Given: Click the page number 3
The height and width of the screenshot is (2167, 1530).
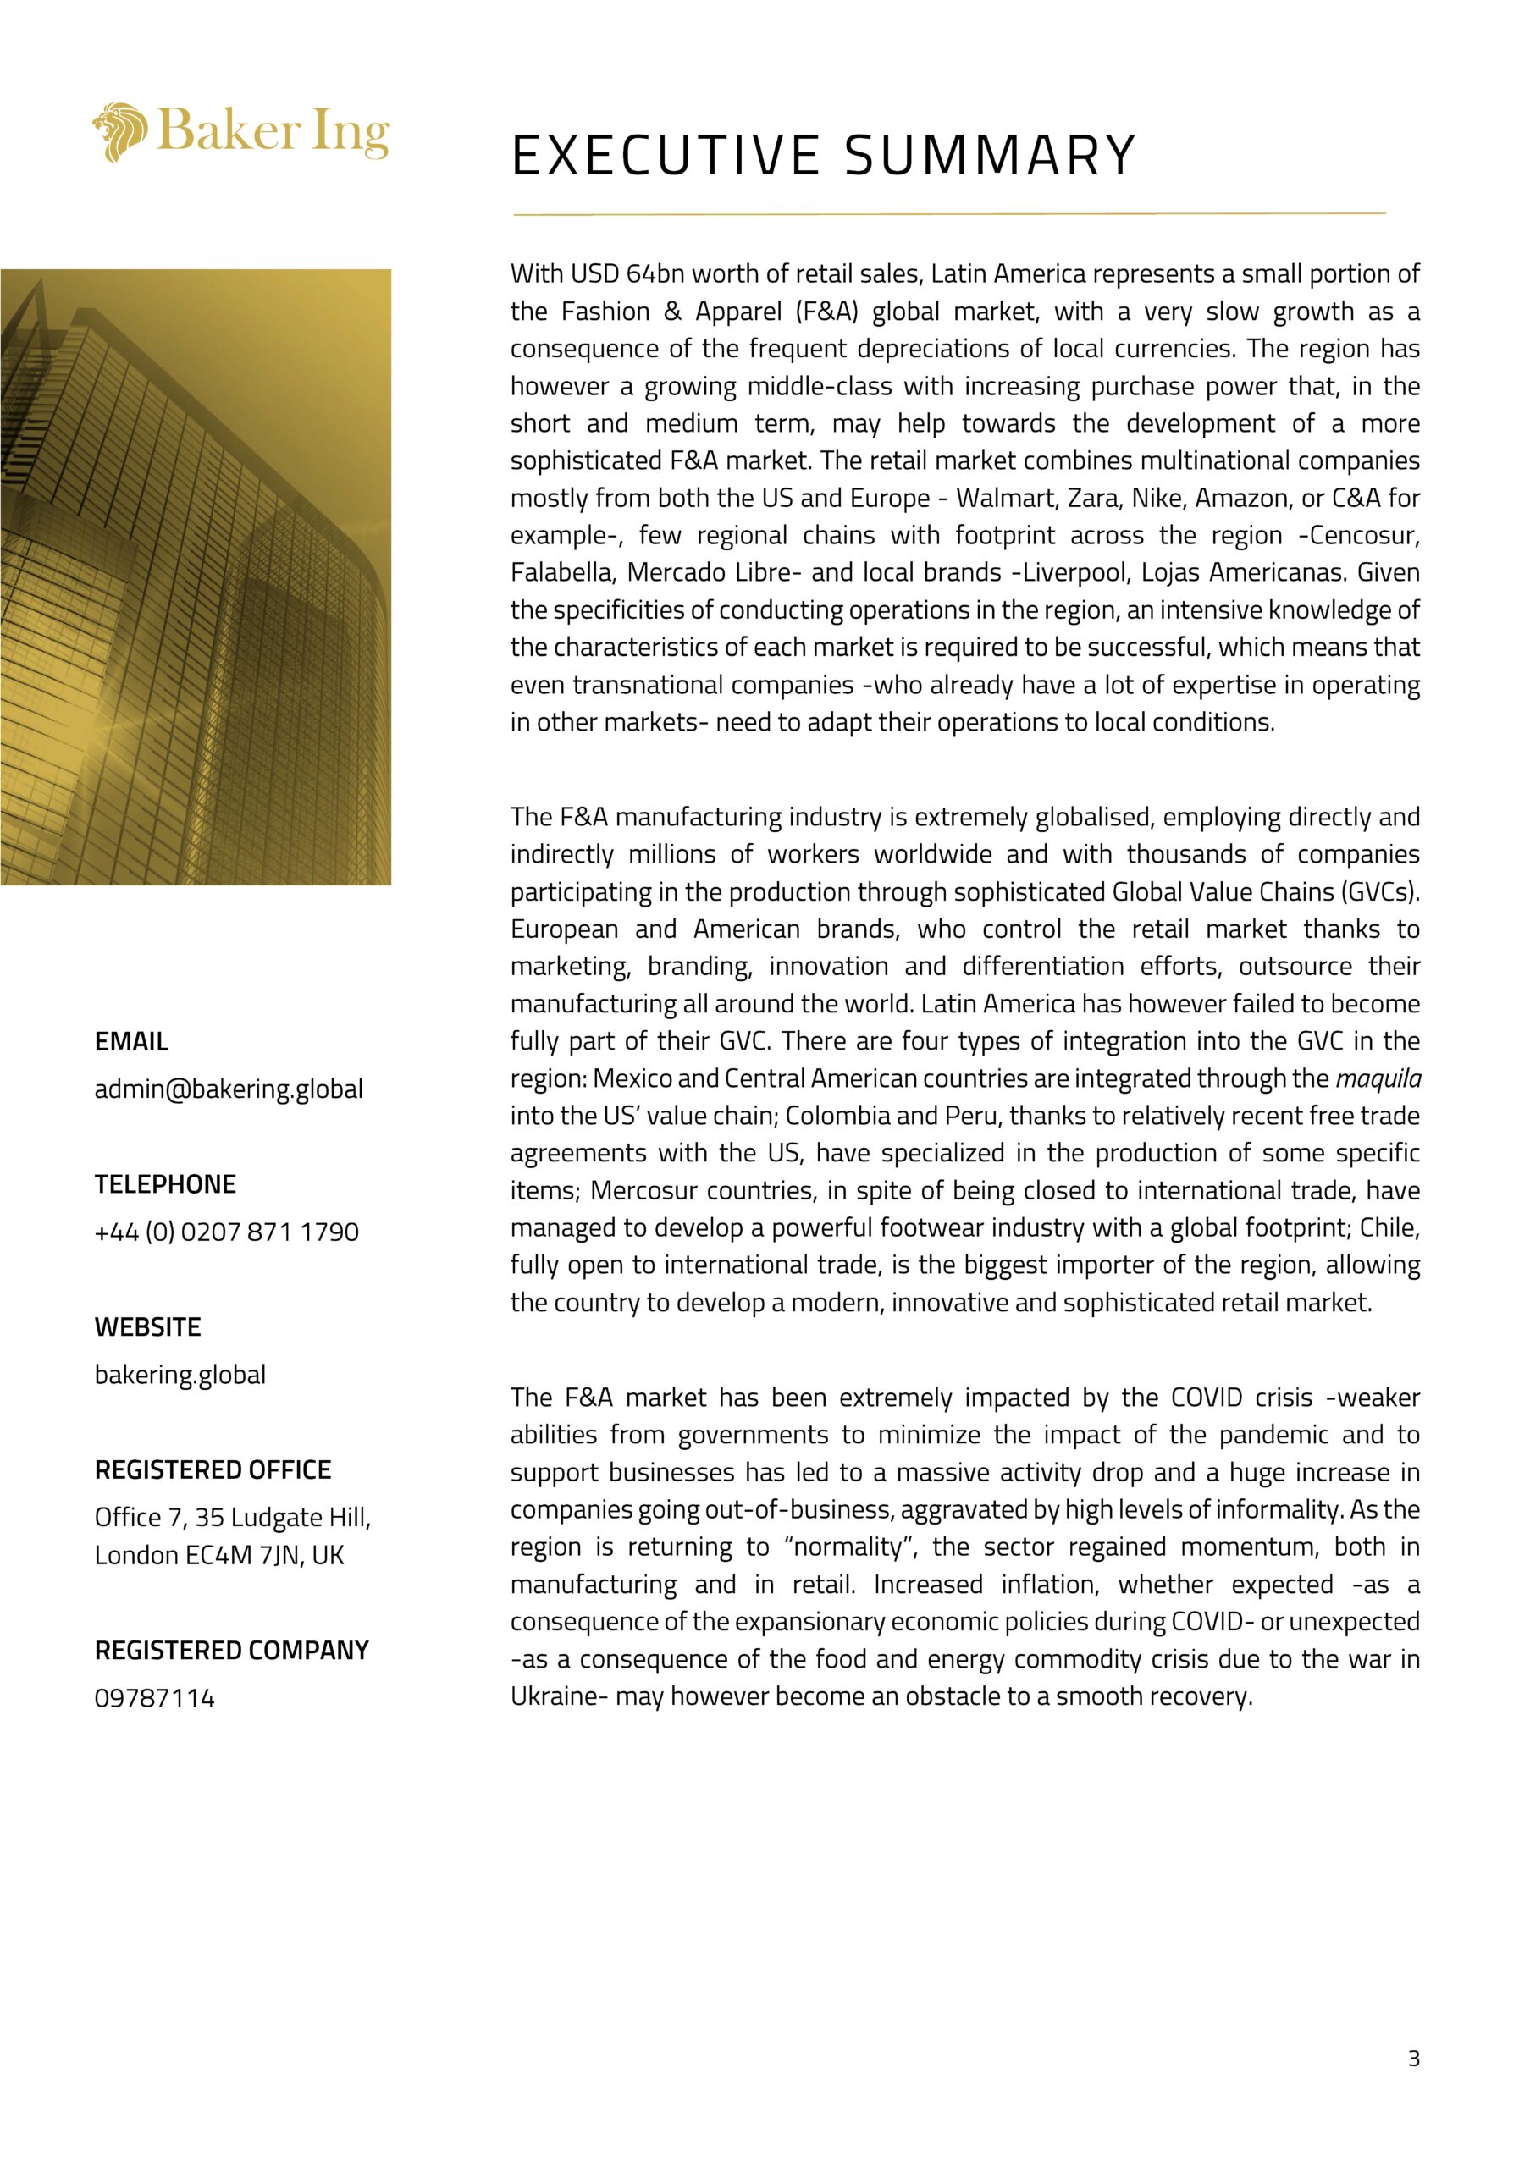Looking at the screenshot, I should click(1413, 2059).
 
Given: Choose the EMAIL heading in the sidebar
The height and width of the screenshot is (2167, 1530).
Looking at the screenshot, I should click(131, 1042).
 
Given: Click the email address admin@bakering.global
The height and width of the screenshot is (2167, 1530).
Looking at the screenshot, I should click(229, 1089).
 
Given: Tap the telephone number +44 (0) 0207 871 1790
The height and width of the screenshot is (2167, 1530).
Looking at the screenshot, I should click(227, 1232).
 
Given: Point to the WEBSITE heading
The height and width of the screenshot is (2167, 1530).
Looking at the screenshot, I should click(147, 1327).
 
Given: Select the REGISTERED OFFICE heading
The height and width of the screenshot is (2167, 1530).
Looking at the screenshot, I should click(213, 1469).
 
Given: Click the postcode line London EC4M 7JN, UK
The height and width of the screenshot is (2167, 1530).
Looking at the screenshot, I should click(219, 1554).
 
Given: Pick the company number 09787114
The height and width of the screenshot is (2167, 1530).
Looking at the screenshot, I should click(155, 1698).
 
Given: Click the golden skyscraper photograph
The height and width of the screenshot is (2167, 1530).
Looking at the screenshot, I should click(196, 576).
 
